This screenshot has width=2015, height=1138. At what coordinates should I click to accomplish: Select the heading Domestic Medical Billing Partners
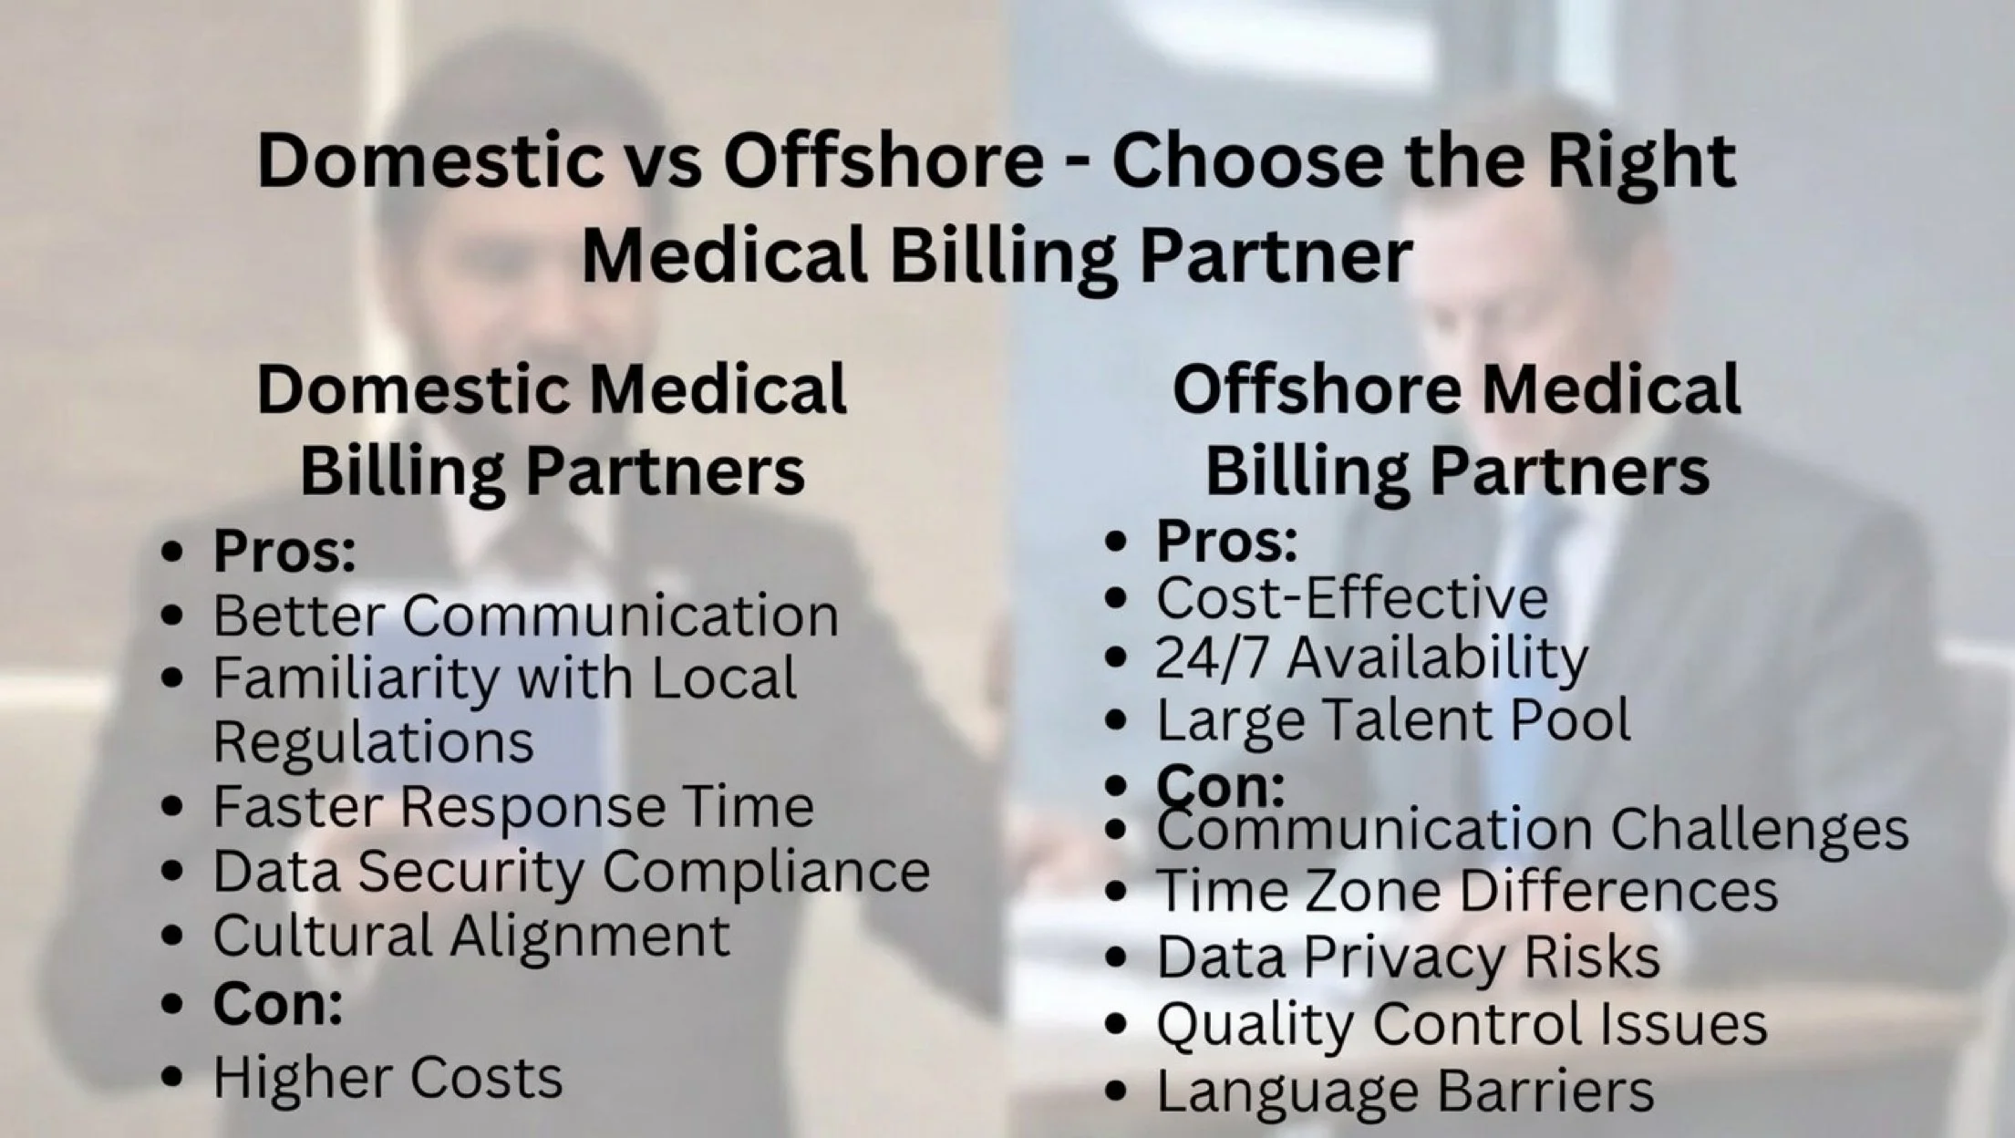pos(552,429)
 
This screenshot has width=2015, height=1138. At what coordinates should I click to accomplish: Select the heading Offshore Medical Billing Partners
pos(1456,429)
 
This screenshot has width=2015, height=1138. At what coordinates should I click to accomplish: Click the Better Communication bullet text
pos(525,616)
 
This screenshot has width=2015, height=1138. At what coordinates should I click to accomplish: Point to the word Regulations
pos(373,741)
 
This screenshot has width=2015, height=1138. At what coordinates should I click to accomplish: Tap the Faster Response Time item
pos(513,807)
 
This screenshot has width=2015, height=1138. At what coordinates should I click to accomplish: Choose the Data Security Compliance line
pos(571,871)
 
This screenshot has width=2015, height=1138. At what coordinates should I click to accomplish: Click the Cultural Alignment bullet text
pos(471,936)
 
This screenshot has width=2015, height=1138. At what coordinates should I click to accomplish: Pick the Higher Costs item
pos(387,1078)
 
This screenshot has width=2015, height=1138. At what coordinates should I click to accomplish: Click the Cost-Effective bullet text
pos(1352,598)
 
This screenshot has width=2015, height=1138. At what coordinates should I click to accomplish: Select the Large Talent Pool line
pos(1393,720)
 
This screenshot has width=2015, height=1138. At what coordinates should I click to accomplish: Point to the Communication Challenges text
pos(1532,831)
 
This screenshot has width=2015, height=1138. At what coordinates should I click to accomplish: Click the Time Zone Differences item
pos(1467,891)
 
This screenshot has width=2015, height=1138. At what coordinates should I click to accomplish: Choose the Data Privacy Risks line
pos(1408,957)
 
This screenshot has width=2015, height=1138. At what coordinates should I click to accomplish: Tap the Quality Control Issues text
pos(1462,1024)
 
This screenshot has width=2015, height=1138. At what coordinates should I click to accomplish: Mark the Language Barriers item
pos(1405,1091)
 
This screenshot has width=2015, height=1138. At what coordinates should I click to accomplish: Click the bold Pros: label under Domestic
pos(284,551)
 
